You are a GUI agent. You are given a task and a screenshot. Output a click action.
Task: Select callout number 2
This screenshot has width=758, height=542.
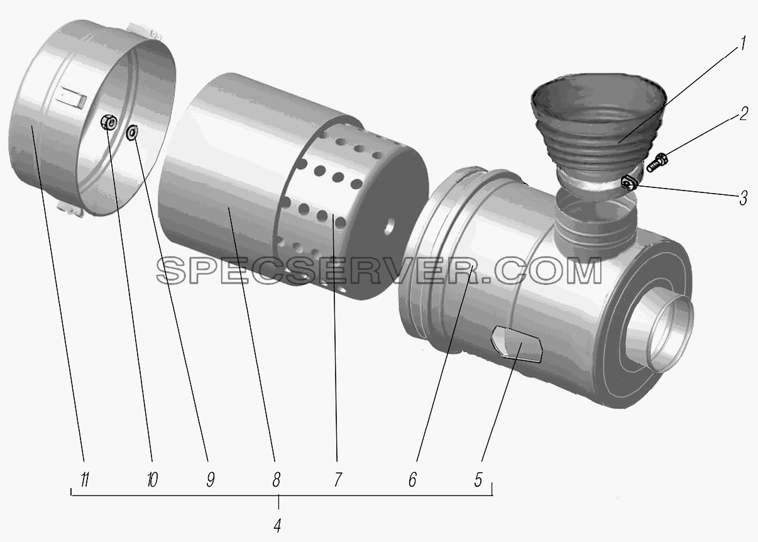coord(743,113)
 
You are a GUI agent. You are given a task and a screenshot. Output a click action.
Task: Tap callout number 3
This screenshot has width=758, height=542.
coord(743,197)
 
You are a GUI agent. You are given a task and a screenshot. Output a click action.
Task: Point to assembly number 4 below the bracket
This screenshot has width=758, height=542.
coord(277,526)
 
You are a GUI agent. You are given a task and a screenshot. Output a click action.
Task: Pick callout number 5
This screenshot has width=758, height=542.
coord(478,479)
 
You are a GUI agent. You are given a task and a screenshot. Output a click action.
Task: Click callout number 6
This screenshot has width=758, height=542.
coord(412,479)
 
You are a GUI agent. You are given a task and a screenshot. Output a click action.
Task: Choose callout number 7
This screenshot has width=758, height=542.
coord(338,479)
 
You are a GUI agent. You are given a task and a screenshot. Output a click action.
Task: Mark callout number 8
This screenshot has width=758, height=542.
coord(276,479)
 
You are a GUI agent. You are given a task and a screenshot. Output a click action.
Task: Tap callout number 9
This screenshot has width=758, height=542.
coord(210,479)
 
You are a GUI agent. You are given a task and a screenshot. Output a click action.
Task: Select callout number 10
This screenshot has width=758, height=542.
coord(152,479)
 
